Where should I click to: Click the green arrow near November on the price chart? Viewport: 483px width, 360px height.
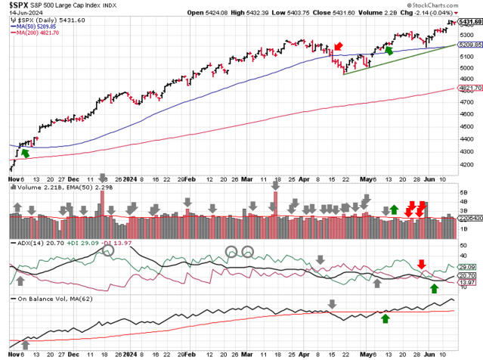26,153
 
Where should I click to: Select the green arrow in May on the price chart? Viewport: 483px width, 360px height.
389,50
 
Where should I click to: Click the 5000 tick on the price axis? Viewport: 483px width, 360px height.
468,67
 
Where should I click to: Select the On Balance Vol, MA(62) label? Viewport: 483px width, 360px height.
47,299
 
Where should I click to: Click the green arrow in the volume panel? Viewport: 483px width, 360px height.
394,209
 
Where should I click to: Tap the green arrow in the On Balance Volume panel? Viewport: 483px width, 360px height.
385,318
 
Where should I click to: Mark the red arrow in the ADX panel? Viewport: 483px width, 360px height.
422,264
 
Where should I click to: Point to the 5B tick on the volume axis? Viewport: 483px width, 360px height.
464,194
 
